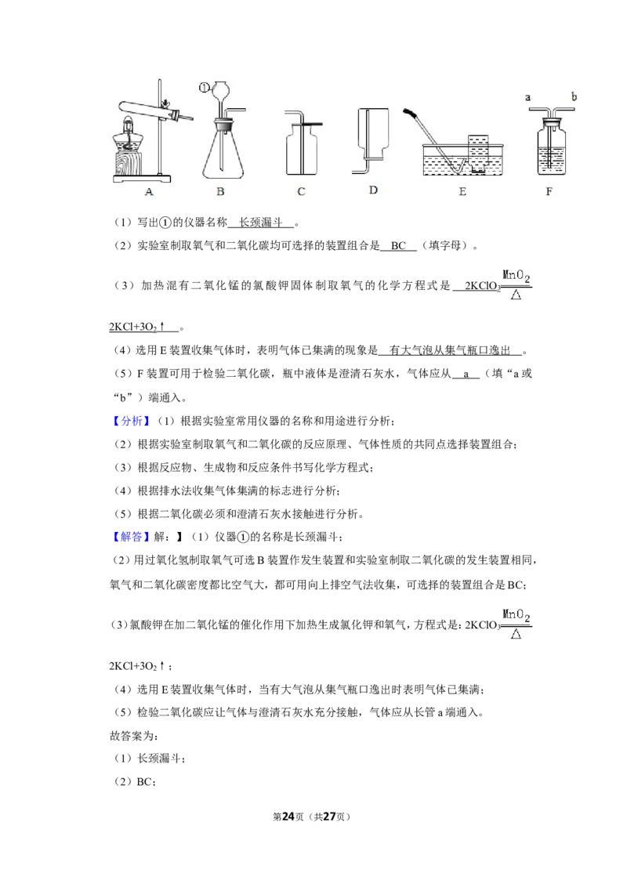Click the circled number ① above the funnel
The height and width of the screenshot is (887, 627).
[x=204, y=87]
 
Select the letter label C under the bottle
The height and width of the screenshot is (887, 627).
[x=301, y=192]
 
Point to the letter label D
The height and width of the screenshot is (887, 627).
[x=373, y=190]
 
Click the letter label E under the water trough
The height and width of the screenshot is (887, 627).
[x=462, y=192]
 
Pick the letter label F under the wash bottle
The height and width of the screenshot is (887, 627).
[x=549, y=192]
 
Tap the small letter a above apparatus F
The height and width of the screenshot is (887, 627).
[x=528, y=97]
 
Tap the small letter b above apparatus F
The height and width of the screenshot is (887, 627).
[x=574, y=96]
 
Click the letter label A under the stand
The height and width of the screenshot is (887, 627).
[x=149, y=192]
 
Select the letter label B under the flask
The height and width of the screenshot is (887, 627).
[x=220, y=192]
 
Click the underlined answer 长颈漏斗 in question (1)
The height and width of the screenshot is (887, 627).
[x=260, y=223]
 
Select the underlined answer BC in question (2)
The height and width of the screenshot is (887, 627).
[x=398, y=245]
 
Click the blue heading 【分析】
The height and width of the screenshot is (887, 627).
[x=131, y=421]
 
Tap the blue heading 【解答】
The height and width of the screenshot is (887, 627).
[x=131, y=537]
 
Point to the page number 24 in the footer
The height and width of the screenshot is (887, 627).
[x=288, y=816]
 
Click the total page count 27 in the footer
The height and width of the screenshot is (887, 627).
[x=329, y=816]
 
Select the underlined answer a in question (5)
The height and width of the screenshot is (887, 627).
[x=466, y=374]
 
